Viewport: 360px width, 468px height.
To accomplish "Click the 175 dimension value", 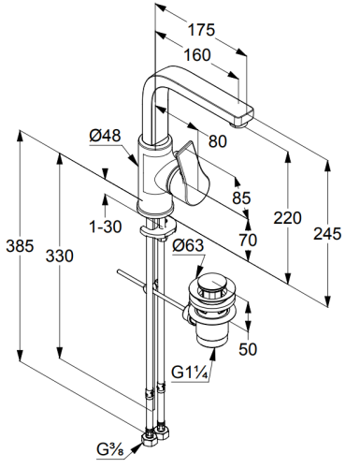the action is (201, 30).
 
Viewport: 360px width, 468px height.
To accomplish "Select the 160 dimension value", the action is (197, 55).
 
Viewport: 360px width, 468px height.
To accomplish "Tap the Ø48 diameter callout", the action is (105, 136).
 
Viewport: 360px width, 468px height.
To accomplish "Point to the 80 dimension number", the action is (218, 141).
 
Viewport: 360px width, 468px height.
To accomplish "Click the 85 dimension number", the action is (241, 197).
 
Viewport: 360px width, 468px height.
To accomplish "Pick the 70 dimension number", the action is (248, 240).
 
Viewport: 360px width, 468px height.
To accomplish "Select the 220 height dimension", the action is (287, 218).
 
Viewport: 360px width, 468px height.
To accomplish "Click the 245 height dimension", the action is (327, 234).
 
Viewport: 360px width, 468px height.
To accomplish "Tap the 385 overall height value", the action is (20, 246).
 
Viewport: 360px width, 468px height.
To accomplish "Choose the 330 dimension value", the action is (60, 256).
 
